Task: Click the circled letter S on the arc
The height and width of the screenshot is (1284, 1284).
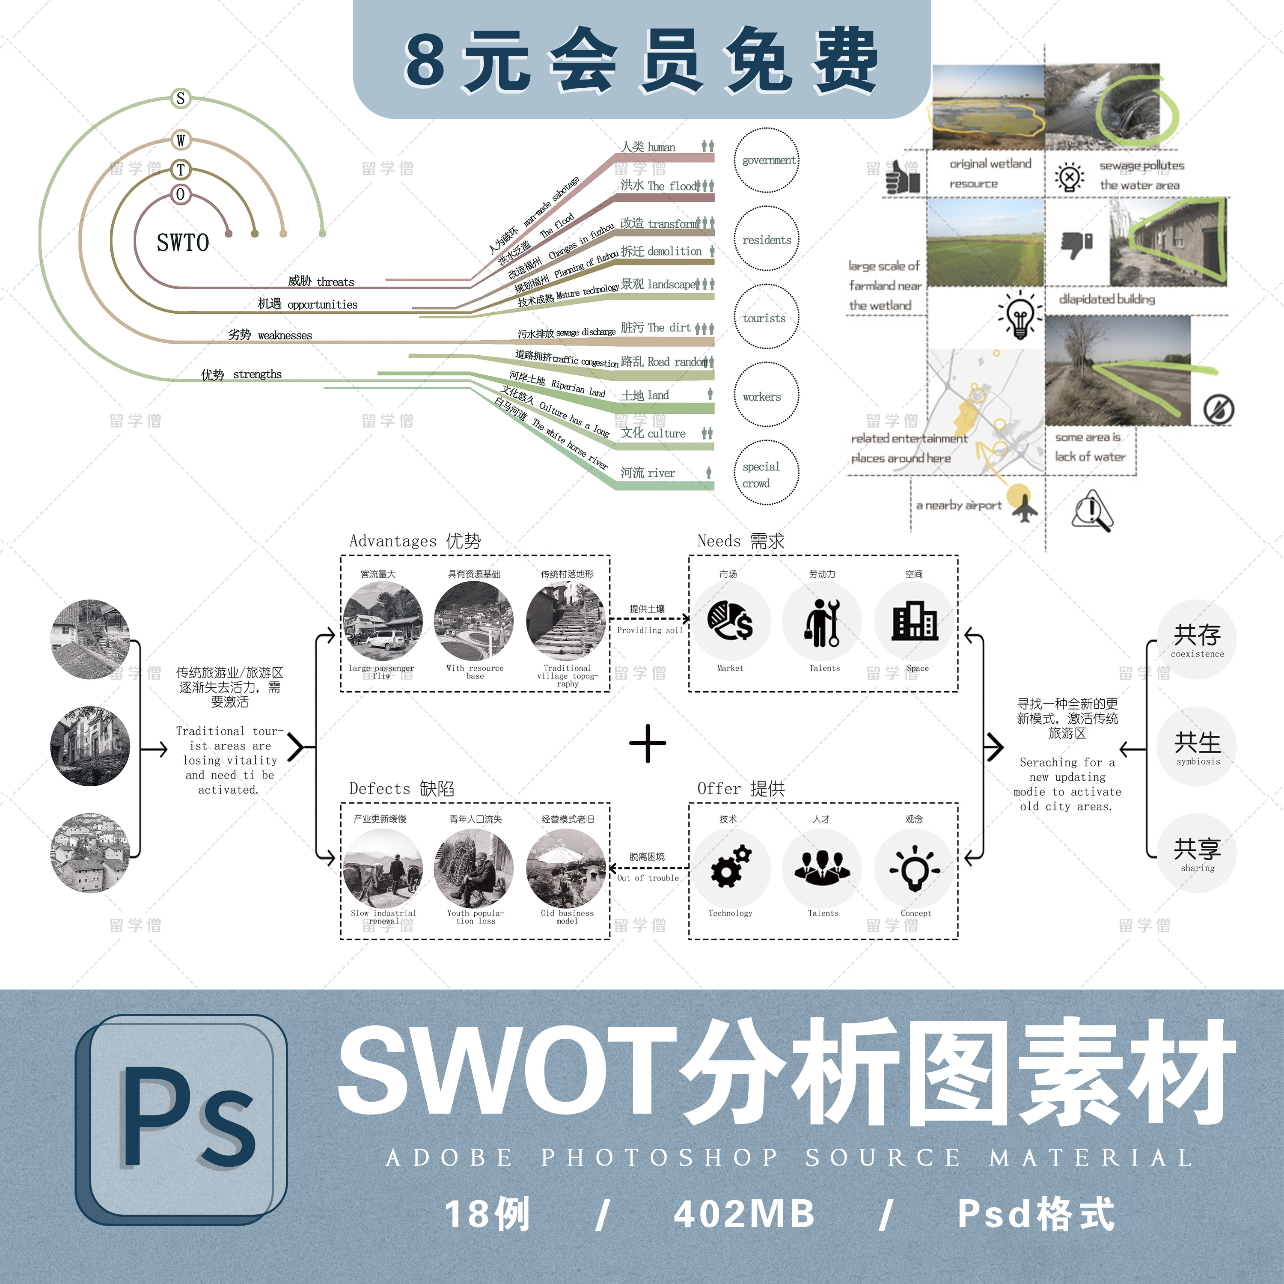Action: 180,98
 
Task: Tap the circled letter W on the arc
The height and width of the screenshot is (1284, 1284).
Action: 180,140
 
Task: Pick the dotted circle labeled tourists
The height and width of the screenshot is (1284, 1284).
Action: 766,317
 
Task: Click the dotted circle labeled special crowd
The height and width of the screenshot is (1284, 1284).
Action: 766,473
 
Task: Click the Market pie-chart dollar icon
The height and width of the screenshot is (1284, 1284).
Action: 731,621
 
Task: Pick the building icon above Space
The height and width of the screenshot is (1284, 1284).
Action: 915,621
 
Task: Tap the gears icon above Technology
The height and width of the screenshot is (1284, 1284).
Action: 731,867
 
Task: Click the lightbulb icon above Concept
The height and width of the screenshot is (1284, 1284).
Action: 915,867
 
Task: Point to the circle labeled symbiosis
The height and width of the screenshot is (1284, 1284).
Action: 1197,746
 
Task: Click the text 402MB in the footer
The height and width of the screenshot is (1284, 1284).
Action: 744,1213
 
